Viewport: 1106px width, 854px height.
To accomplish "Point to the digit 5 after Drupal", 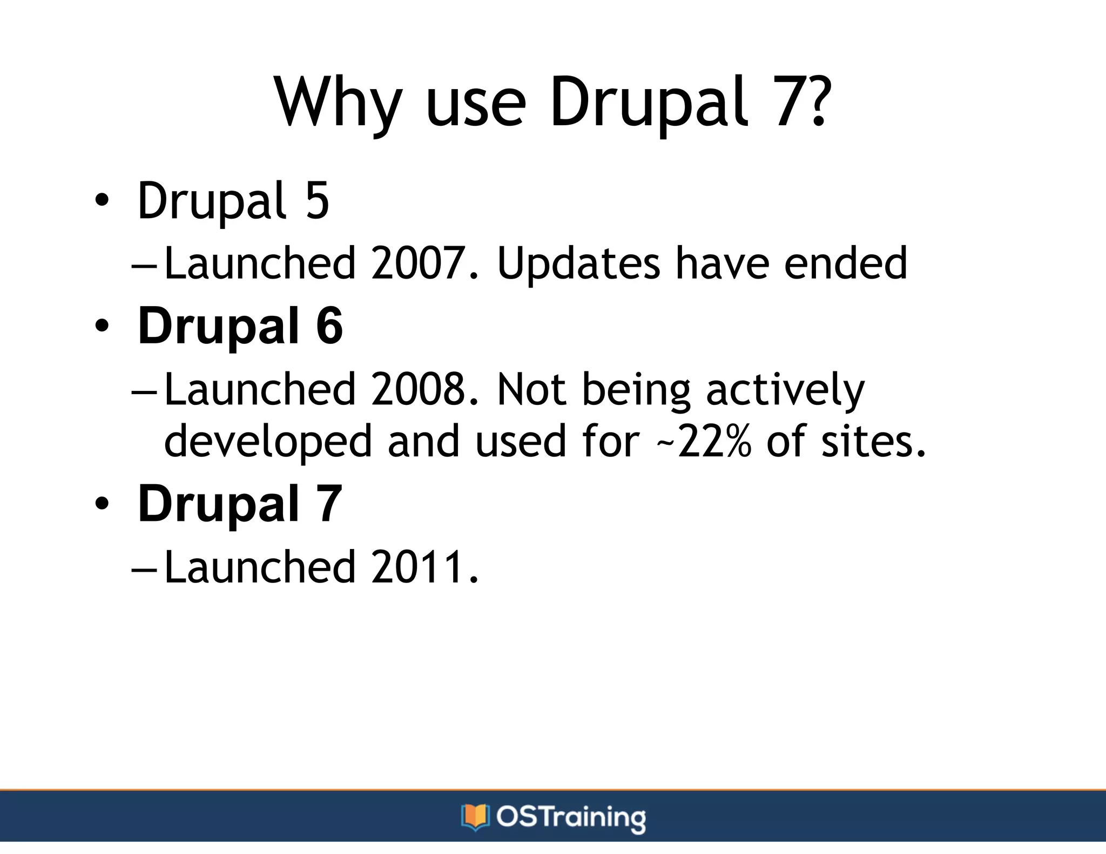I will point(317,201).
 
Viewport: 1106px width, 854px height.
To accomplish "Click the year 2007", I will point(418,263).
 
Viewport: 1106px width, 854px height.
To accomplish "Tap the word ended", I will point(845,263).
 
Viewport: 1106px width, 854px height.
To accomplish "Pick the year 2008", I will point(418,389).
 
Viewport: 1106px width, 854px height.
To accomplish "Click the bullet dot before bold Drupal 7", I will point(101,504).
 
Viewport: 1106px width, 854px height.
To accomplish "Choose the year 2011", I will point(418,567).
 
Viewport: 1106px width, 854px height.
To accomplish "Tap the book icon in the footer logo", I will point(475,817).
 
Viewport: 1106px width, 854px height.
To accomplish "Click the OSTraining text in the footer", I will point(571,817).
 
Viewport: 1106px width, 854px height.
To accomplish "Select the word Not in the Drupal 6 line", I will point(531,389).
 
